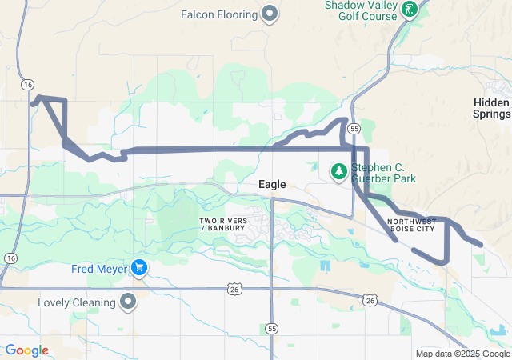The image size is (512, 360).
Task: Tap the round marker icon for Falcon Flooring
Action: coord(270,13)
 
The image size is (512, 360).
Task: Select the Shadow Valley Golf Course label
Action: coord(361,10)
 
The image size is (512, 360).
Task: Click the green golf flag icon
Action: coord(410,10)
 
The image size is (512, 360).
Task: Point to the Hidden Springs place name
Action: coord(491,108)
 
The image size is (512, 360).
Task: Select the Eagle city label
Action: coord(272,185)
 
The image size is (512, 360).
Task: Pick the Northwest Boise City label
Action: coord(411,224)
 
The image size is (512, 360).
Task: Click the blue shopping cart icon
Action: coord(139,267)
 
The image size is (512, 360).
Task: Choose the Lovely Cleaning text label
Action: coord(76,303)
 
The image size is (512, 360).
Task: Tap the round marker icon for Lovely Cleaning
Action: coord(128,302)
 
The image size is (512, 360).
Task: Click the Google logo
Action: coord(26,350)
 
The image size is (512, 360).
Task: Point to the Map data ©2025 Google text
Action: coord(462,354)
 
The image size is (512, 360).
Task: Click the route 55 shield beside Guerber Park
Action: coord(354,128)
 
